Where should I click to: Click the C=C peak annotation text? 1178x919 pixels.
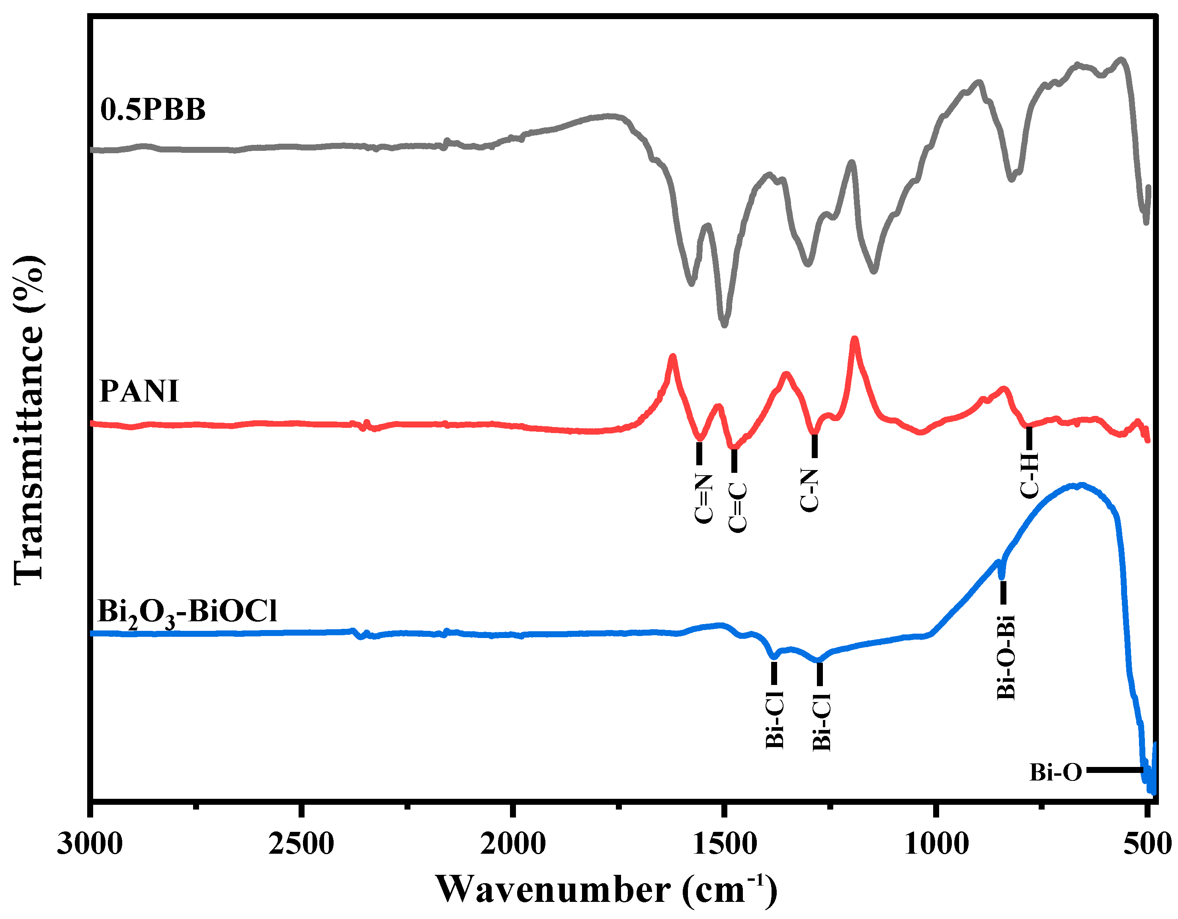point(737,507)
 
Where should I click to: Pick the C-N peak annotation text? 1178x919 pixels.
point(809,490)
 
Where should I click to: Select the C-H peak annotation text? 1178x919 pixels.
point(1029,475)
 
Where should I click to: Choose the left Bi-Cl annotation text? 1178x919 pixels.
point(775,720)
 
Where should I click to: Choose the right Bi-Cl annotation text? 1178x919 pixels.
point(821,722)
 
